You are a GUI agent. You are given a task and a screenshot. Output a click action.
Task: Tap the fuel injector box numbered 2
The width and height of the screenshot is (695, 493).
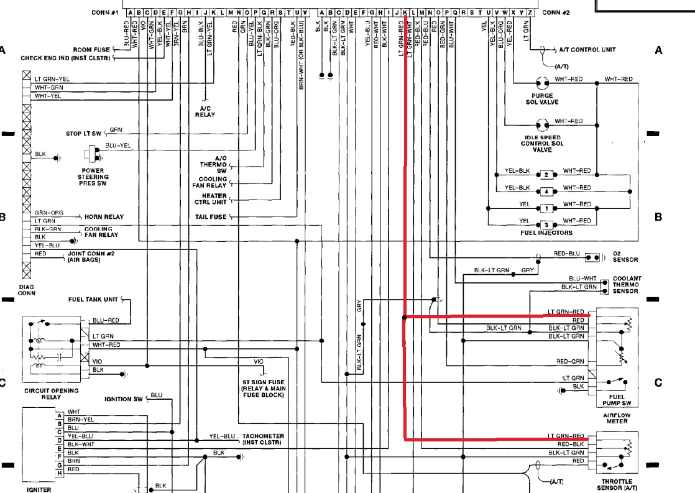pyautogui.click(x=546, y=175)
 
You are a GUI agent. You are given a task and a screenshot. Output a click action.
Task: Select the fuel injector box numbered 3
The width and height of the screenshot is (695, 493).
pyautogui.click(x=546, y=224)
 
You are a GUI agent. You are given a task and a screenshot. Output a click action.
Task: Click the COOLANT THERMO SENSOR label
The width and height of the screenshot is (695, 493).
pyautogui.click(x=626, y=285)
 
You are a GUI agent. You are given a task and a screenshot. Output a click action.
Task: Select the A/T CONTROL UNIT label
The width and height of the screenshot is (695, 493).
pyautogui.click(x=605, y=49)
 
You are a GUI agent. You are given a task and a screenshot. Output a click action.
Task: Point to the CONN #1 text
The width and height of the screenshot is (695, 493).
pyautogui.click(x=104, y=12)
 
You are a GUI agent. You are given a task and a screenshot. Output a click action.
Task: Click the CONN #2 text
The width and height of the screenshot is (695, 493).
pyautogui.click(x=555, y=12)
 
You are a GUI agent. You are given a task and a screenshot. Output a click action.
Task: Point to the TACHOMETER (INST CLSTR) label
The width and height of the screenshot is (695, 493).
pyautogui.click(x=264, y=439)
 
